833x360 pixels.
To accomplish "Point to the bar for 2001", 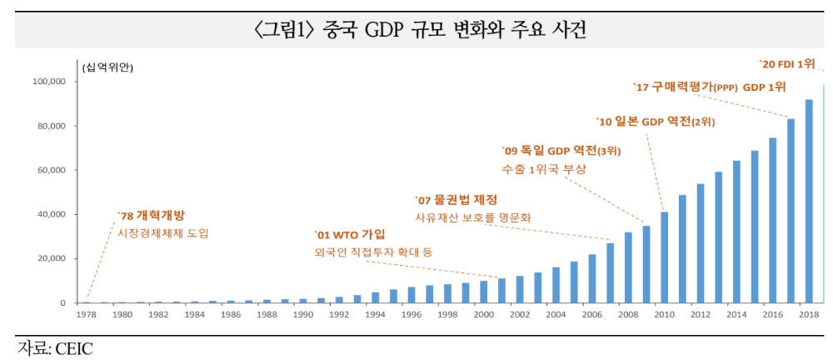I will (501, 290).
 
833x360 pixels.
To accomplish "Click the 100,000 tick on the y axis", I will (48, 82).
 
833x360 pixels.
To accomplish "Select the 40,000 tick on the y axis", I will (51, 214).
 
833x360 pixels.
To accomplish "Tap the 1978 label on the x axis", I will (87, 315).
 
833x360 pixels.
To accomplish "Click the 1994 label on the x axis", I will (375, 315).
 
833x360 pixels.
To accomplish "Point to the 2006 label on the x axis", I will (591, 315).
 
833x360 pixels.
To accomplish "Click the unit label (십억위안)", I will (107, 66).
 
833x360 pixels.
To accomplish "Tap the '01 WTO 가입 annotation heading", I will (349, 234).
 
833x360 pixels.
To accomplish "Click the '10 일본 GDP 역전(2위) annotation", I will (656, 122).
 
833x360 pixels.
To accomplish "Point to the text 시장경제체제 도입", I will (164, 233).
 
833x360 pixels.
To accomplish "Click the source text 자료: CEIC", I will (55, 347).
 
